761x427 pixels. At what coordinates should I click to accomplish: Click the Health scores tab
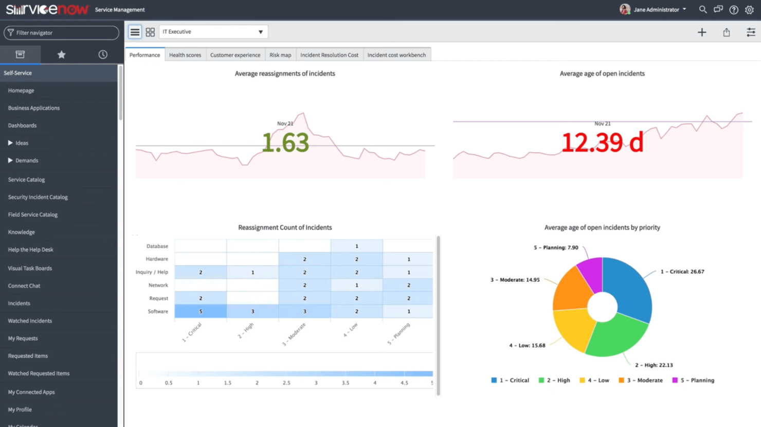click(x=185, y=55)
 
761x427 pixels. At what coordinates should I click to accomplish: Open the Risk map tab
click(x=280, y=55)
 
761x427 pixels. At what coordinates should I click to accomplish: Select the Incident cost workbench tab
click(x=396, y=55)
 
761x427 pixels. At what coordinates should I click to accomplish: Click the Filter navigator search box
click(x=61, y=33)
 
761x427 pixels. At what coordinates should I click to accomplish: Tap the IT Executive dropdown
click(x=213, y=32)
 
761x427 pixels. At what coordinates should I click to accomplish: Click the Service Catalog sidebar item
click(x=26, y=180)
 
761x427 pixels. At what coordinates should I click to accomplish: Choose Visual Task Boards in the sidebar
click(x=30, y=268)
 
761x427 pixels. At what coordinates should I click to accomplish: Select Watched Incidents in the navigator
click(x=30, y=321)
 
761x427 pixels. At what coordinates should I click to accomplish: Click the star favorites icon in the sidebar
click(x=61, y=55)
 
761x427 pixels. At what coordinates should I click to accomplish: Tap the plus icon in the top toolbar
click(x=702, y=32)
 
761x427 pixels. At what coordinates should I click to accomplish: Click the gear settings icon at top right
click(x=749, y=10)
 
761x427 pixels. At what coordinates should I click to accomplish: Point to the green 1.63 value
click(x=285, y=143)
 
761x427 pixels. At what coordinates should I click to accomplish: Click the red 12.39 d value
click(x=602, y=143)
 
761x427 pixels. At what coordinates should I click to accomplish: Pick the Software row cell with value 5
click(x=201, y=311)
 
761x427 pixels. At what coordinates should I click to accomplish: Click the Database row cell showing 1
click(x=356, y=246)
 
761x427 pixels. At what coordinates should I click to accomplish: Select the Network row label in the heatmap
click(x=158, y=285)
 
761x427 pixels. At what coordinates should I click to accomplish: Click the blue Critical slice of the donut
click(x=630, y=288)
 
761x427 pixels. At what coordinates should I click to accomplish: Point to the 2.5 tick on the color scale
click(x=286, y=383)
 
